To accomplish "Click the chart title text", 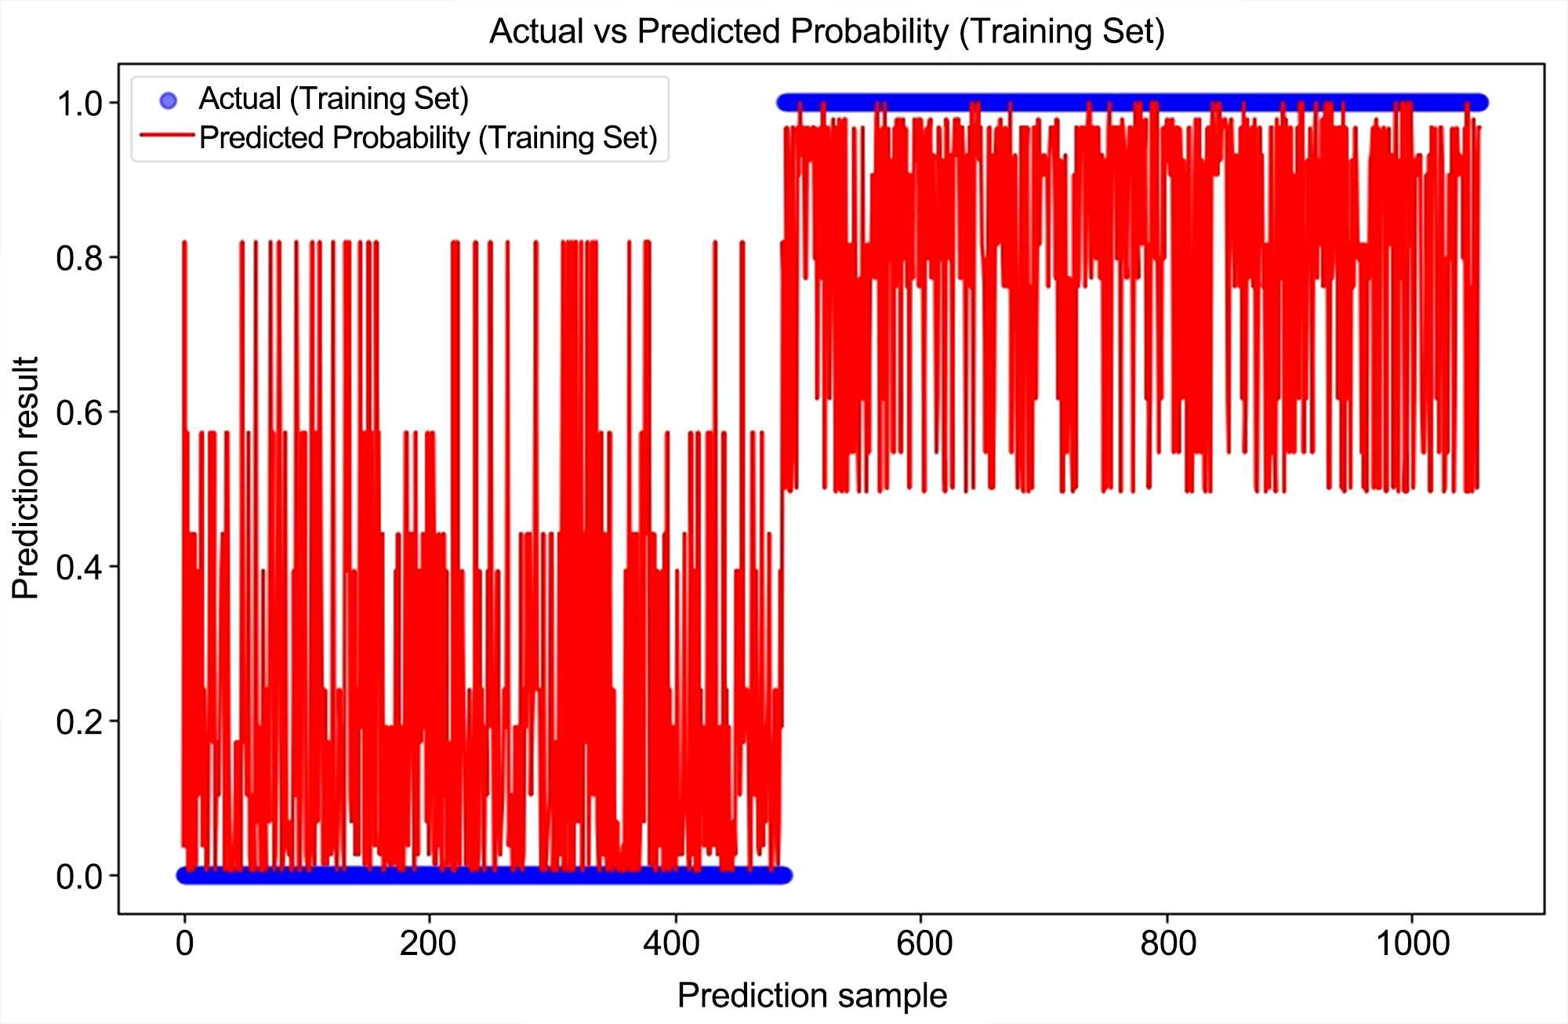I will point(827,31).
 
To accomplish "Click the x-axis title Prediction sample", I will point(812,995).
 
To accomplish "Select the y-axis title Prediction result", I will point(26,478).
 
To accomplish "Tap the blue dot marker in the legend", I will point(168,100).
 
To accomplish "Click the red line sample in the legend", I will point(167,136).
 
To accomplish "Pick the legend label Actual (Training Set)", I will point(333,99).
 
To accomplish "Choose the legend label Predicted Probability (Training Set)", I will point(428,137).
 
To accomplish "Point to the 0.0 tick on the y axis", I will point(79,876).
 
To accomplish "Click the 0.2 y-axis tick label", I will point(79,721).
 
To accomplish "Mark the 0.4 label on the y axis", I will point(79,567).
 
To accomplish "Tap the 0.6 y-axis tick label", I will point(79,412).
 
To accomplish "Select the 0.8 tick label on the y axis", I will point(79,258).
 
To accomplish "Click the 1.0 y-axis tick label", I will point(79,103).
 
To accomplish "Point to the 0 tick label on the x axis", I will point(184,943).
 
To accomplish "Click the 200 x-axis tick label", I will point(428,943).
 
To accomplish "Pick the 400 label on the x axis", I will point(672,943).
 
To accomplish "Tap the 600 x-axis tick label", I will point(924,943).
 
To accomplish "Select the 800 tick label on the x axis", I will point(1168,943).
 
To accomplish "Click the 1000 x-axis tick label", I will point(1413,943).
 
